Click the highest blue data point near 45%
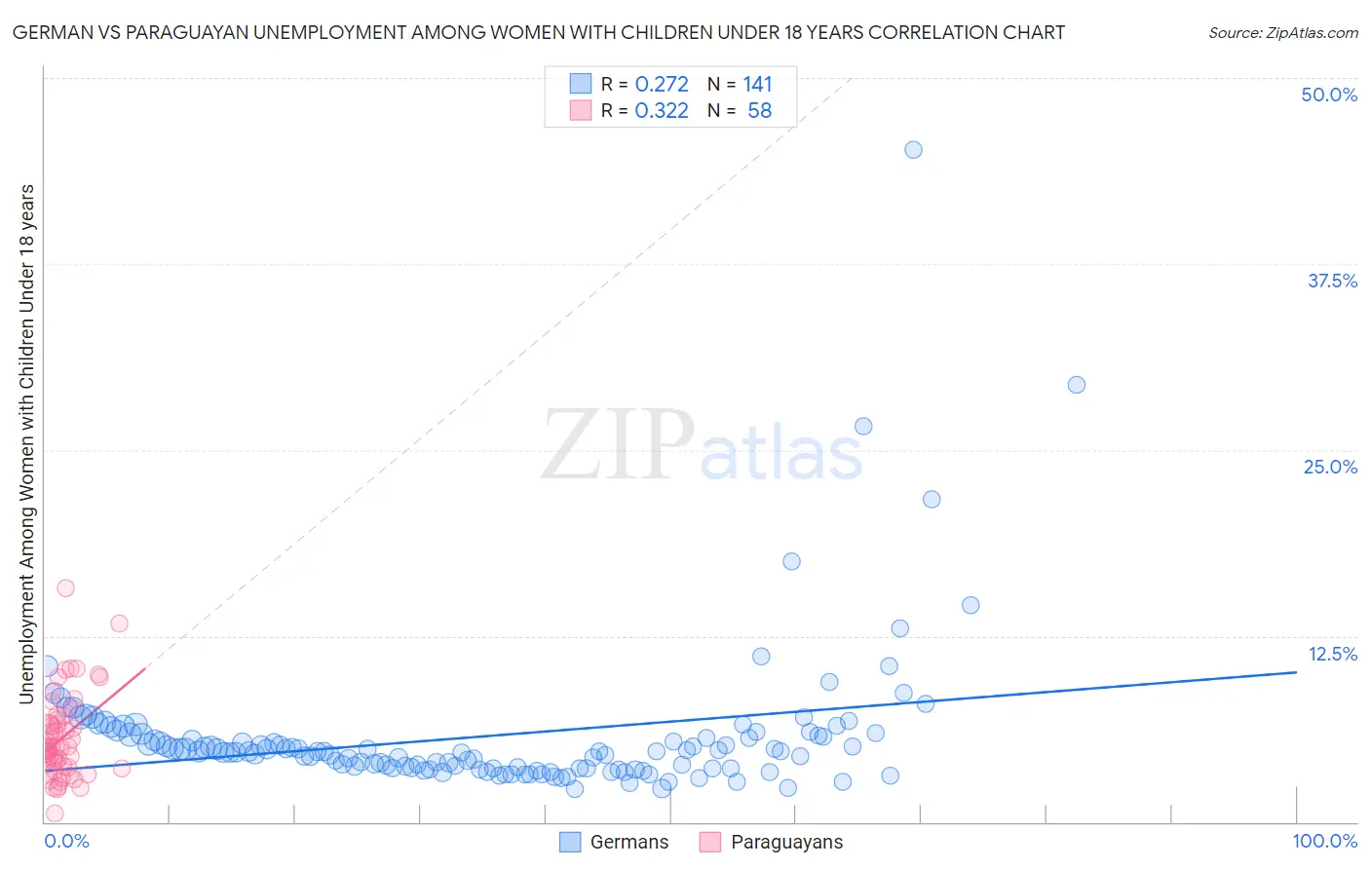pos(913,150)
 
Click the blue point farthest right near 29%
pos(1077,385)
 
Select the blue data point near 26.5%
pos(863,426)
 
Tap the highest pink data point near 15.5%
pos(65,587)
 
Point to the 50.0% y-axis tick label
pos(1329,94)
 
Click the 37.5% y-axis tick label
pos(1332,281)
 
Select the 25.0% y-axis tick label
pos(1330,467)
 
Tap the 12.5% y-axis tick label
pos(1332,654)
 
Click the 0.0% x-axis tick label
pos(66,842)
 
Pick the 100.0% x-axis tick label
pos(1324,842)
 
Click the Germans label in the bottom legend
pos(629,843)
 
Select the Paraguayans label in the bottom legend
pos(786,843)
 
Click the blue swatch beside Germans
pos(570,843)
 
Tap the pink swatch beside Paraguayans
pos(710,843)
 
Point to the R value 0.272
pos(662,85)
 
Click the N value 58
pos(759,111)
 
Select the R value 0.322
pos(662,111)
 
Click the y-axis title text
pos(26,443)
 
